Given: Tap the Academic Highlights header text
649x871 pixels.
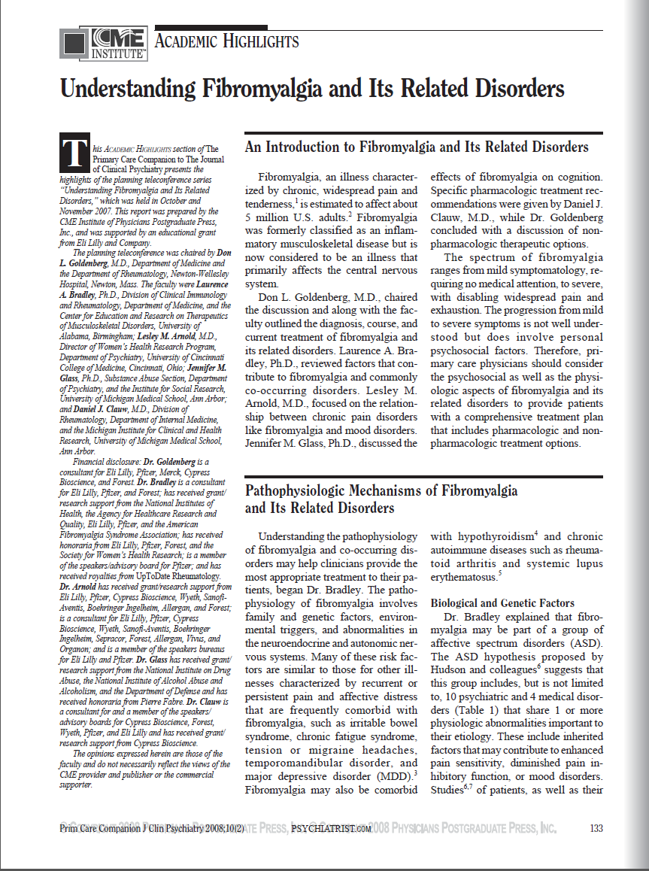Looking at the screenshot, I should click(226, 42).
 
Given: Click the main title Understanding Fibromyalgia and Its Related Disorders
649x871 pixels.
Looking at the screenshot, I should click(312, 89).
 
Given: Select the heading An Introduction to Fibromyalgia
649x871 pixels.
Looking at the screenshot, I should click(416, 147).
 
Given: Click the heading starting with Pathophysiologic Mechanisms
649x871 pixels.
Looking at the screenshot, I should click(381, 491).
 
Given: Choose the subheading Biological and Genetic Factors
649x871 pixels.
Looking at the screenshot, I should click(502, 603).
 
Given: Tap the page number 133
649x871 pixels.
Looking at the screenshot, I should click(596, 828).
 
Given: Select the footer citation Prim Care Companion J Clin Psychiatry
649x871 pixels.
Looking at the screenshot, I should click(149, 829).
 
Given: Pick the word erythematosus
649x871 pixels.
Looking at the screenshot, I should click(463, 578).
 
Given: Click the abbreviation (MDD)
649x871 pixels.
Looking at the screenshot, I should click(396, 775).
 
